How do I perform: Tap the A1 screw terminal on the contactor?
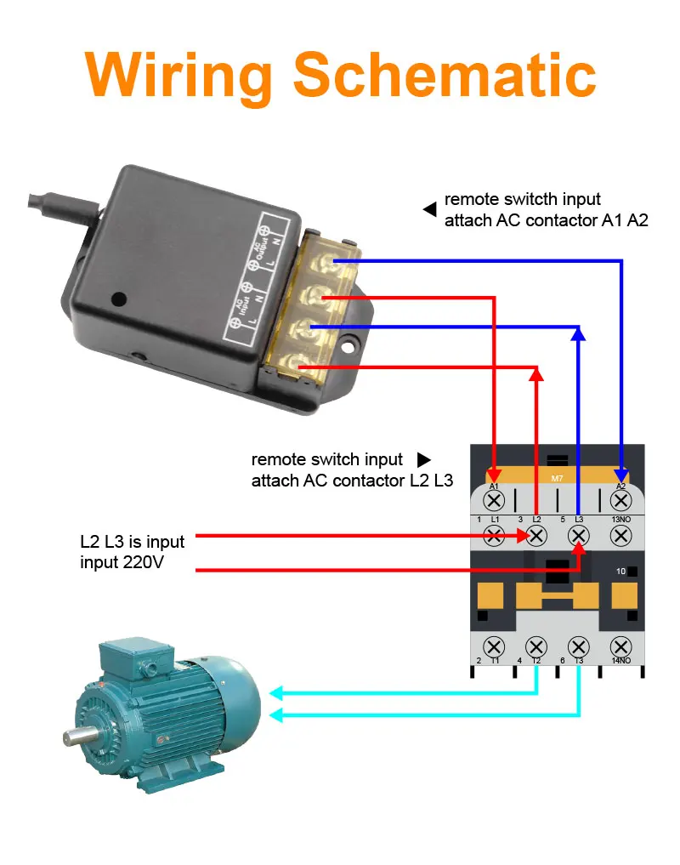[494, 501]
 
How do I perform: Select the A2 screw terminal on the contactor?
[620, 501]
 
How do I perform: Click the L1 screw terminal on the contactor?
[494, 535]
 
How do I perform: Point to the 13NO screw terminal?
[620, 535]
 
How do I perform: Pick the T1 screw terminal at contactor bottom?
[494, 646]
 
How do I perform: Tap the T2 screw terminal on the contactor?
[536, 646]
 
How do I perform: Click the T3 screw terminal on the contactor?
[579, 646]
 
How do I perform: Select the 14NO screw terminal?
[620, 646]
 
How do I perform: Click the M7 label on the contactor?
[558, 478]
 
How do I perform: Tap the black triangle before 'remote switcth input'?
[430, 208]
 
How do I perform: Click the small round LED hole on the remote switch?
[119, 299]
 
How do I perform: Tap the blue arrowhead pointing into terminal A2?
[621, 472]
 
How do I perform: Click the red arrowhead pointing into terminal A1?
[494, 472]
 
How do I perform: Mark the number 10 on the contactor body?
[620, 571]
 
